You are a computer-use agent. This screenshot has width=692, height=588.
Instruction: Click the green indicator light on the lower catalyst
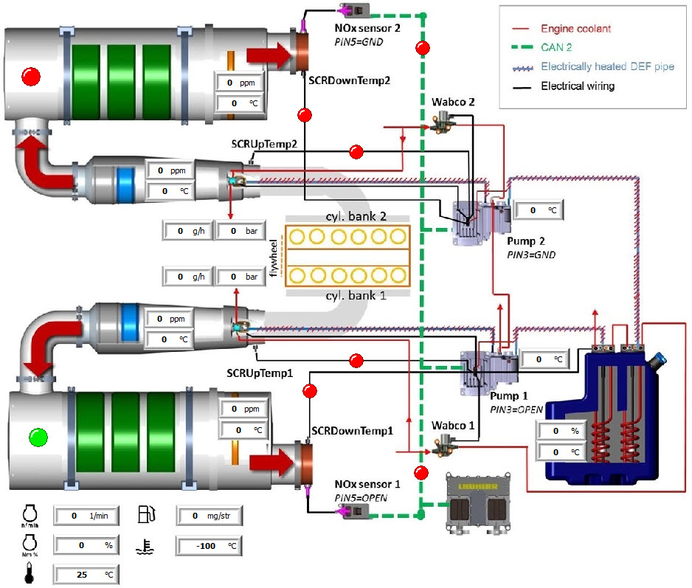click(36, 437)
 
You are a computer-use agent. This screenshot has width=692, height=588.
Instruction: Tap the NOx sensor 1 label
click(367, 484)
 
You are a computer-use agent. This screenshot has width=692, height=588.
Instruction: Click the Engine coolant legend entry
click(575, 29)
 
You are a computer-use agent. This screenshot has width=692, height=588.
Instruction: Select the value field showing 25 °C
click(87, 573)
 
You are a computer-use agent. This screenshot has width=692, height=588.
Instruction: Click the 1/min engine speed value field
click(87, 516)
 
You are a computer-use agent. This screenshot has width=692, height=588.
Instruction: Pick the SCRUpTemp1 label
click(260, 373)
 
